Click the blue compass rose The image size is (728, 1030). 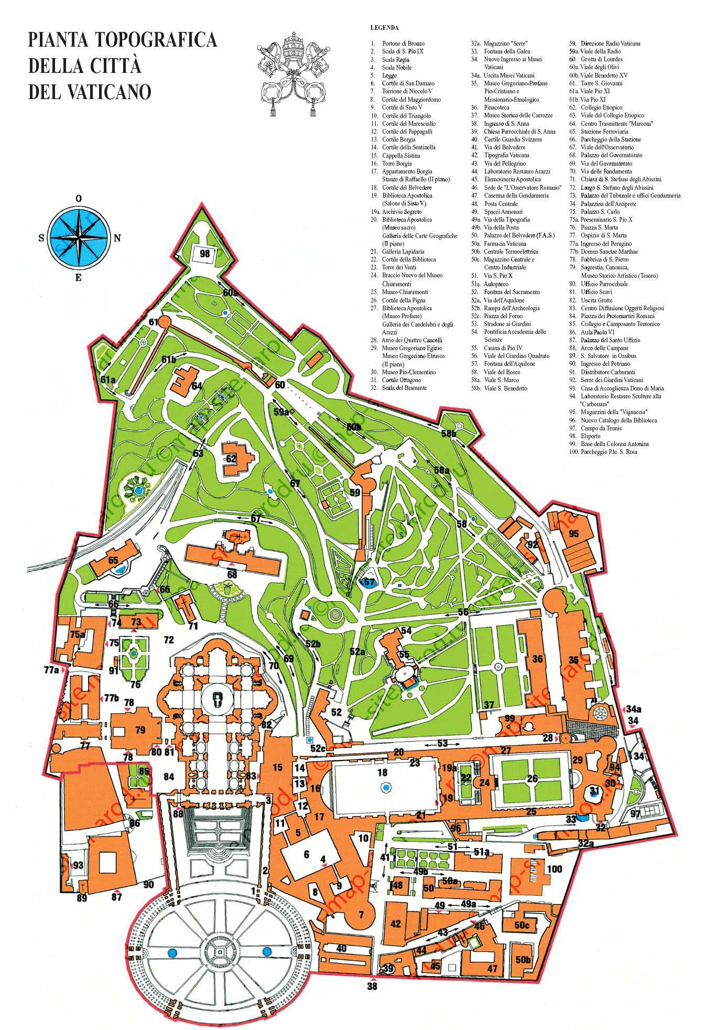[x=79, y=237]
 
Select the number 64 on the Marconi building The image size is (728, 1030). [x=197, y=386]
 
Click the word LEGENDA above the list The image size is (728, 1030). [x=384, y=27]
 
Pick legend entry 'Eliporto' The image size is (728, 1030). [x=591, y=436]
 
